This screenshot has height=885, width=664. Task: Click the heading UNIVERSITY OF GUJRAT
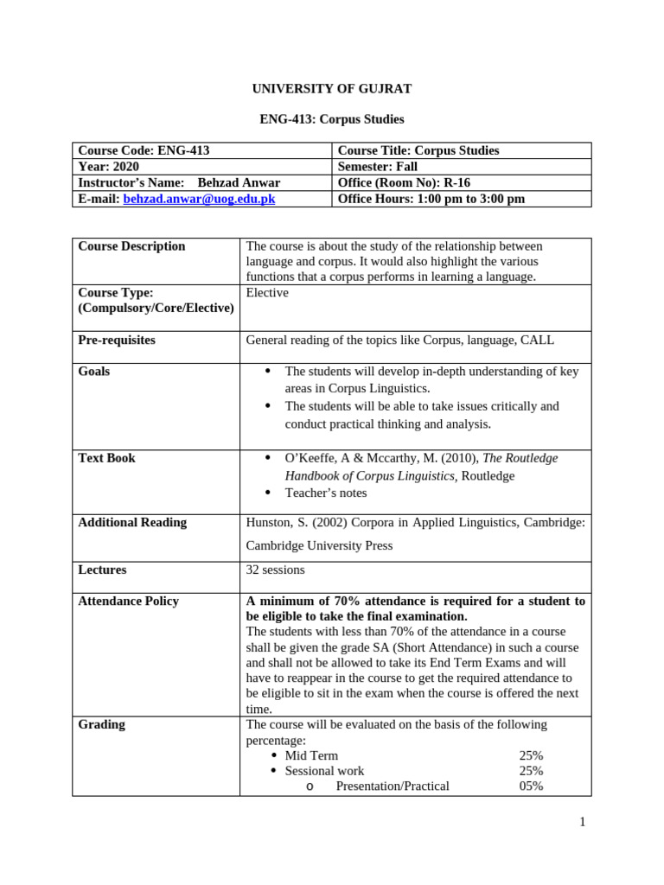click(331, 89)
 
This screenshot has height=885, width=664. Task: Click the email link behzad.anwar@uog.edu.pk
click(199, 199)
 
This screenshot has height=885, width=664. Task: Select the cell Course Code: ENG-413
click(144, 150)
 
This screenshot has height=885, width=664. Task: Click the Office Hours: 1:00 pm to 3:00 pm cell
click(431, 199)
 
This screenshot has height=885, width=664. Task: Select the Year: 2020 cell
click(109, 167)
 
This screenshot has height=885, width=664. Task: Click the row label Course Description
click(131, 246)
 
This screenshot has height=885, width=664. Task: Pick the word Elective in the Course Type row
click(267, 293)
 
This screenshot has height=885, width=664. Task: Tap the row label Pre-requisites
click(117, 341)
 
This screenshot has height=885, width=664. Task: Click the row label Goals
click(94, 372)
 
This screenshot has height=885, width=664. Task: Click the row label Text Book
click(106, 458)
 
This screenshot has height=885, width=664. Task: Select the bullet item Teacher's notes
click(325, 493)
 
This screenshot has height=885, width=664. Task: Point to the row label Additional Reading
click(132, 523)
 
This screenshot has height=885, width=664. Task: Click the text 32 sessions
click(275, 570)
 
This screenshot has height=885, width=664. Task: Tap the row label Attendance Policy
click(128, 601)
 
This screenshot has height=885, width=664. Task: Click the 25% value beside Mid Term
click(531, 755)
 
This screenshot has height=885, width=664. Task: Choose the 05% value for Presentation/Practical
click(531, 786)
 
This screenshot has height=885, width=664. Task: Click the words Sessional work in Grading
click(324, 771)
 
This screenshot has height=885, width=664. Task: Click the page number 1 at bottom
click(583, 822)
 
